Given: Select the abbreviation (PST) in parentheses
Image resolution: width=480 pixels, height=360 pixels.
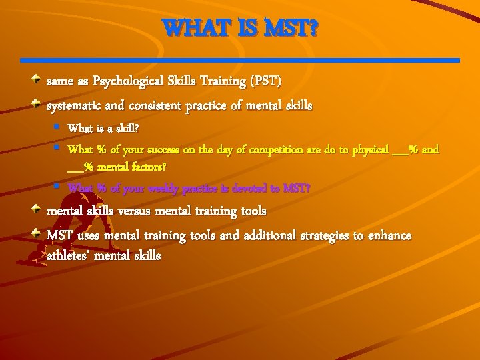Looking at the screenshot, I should click(266, 81).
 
